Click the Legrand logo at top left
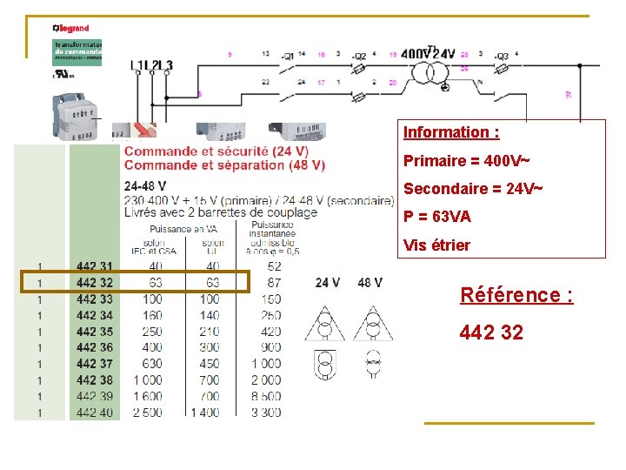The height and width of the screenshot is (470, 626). (x=70, y=29)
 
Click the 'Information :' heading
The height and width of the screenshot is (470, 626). (x=451, y=132)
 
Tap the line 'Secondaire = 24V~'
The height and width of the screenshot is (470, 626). (x=474, y=189)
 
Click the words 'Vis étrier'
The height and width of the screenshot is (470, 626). (x=436, y=245)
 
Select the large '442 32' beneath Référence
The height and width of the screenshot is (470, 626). (x=491, y=332)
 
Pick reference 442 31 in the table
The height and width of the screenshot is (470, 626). (x=94, y=266)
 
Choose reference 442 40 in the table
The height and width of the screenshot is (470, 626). (x=94, y=413)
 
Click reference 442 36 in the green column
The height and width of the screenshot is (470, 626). (x=94, y=347)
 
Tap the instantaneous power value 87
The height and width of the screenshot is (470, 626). (x=274, y=283)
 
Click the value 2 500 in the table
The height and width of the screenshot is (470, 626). (x=147, y=413)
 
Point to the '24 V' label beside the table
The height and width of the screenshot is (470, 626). (x=327, y=283)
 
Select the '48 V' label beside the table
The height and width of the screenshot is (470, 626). (x=370, y=283)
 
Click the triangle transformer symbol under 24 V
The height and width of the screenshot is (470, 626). (x=324, y=324)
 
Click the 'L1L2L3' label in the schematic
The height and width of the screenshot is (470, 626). (x=151, y=64)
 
